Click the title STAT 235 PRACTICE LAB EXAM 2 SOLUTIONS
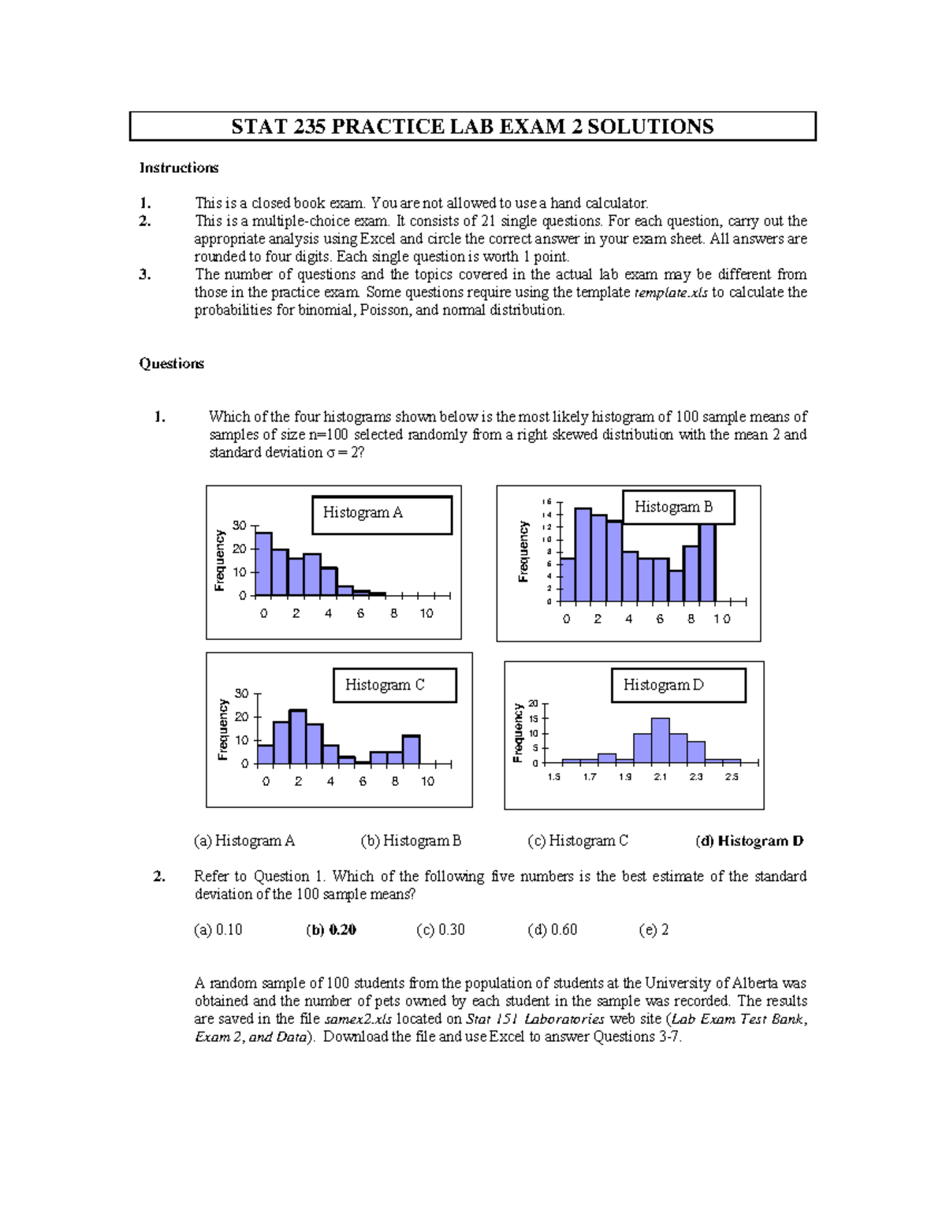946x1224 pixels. pyautogui.click(x=472, y=127)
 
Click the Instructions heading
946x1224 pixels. pyautogui.click(x=179, y=168)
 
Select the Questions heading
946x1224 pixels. pyautogui.click(x=171, y=363)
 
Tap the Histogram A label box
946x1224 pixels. pyautogui.click(x=382, y=515)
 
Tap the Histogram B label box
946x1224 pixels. pyautogui.click(x=678, y=508)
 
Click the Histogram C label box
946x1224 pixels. pyautogui.click(x=394, y=685)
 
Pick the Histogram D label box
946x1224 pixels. pyautogui.click(x=678, y=685)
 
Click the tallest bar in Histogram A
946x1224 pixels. pyautogui.click(x=263, y=564)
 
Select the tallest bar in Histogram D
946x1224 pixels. pyautogui.click(x=661, y=741)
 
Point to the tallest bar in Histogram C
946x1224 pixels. pyautogui.click(x=298, y=738)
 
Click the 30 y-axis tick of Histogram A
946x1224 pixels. pyautogui.click(x=239, y=526)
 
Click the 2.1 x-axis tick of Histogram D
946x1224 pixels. pyautogui.click(x=661, y=777)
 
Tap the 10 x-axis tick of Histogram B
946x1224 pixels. pyautogui.click(x=722, y=619)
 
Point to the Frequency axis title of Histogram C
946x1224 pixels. pyautogui.click(x=223, y=730)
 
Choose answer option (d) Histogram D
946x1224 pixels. pyautogui.click(x=749, y=841)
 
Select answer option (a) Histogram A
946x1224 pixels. pyautogui.click(x=244, y=841)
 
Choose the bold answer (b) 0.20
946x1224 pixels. pyautogui.click(x=331, y=930)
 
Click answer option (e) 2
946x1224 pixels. pyautogui.click(x=654, y=930)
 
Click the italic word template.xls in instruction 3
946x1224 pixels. pyautogui.click(x=671, y=292)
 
